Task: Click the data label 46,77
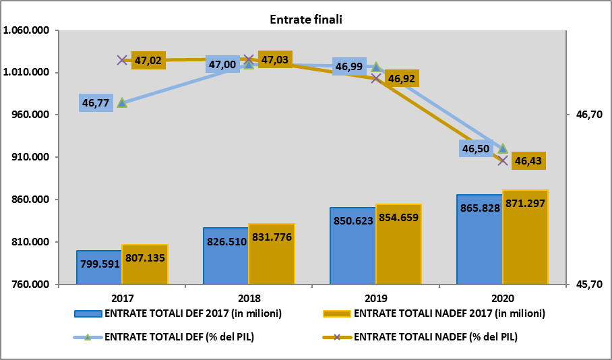pyautogui.click(x=96, y=103)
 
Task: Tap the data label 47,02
pyautogui.click(x=148, y=61)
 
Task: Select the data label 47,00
pyautogui.click(x=222, y=65)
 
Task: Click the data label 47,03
pyautogui.click(x=275, y=60)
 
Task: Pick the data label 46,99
pyautogui.click(x=349, y=67)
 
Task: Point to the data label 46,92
pyautogui.click(x=402, y=79)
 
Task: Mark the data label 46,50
pyautogui.click(x=476, y=149)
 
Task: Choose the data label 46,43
pyautogui.click(x=528, y=161)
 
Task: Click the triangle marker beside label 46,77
pyautogui.click(x=122, y=102)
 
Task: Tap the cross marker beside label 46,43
pyautogui.click(x=503, y=160)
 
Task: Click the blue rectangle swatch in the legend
pyautogui.click(x=88, y=313)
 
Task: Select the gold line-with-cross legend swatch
pyautogui.click(x=337, y=337)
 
